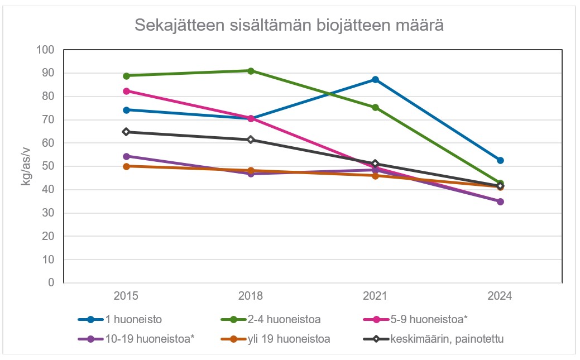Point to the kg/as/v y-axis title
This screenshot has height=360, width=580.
point(26,166)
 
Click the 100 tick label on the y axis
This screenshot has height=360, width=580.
point(46,50)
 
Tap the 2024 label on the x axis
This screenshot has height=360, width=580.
point(500,296)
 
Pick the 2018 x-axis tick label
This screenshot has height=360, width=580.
point(251,296)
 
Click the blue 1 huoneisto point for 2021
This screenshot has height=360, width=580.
point(376,80)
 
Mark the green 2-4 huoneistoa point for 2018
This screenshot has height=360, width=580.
point(251,71)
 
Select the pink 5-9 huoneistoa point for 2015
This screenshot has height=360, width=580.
point(126,91)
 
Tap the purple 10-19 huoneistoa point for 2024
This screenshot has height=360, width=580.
point(500,201)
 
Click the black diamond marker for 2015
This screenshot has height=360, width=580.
point(126,132)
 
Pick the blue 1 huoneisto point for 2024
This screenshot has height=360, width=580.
point(500,160)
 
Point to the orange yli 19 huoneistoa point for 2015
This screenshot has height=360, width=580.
point(126,166)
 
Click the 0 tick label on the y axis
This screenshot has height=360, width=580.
point(51,283)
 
